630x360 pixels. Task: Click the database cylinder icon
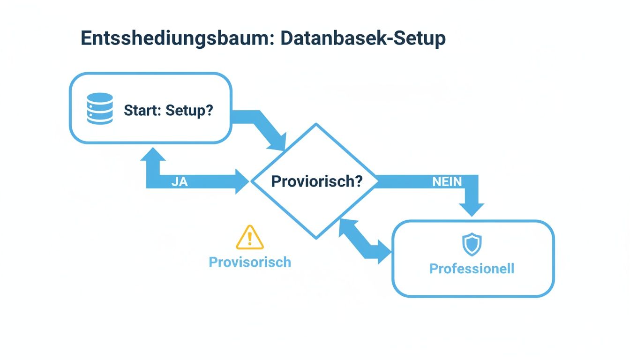coord(100,109)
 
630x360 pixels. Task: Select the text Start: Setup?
coord(168,111)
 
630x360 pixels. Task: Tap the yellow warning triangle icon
coord(250,237)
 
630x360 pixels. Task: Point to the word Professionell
coord(472,269)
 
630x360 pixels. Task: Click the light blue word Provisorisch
coord(250,262)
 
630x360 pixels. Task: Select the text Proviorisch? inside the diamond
coord(317,181)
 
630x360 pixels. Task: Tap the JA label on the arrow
coord(180,182)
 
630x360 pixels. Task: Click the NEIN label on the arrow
coord(447,182)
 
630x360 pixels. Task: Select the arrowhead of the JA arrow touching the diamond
coord(242,182)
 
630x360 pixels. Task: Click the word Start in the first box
coord(138,111)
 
